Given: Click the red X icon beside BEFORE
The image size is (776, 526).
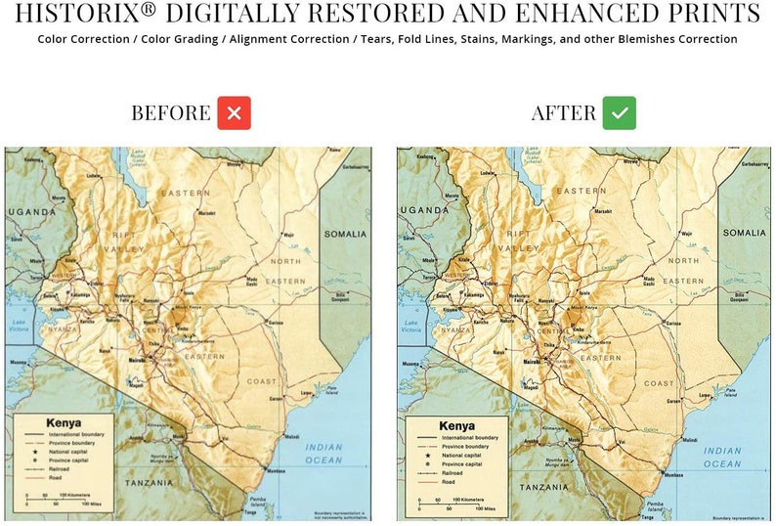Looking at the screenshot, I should tap(234, 113).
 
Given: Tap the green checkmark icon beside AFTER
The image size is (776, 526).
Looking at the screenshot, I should tap(619, 113).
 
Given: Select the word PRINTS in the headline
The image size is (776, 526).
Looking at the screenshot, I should tap(716, 14).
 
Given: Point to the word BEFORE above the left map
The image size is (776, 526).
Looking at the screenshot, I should tap(171, 113).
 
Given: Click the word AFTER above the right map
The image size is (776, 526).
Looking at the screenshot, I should tap(564, 113).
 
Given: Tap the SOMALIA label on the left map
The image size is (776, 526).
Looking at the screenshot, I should tap(345, 235).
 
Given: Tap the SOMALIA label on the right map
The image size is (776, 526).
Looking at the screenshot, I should tap(745, 233).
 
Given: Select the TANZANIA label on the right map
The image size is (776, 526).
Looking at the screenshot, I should tap(544, 486).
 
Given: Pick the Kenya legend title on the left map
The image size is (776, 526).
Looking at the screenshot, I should tap(64, 423).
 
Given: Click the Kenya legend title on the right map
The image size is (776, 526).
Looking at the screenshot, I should tap(456, 426).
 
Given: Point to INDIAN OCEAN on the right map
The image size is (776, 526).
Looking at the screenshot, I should tap(723, 458).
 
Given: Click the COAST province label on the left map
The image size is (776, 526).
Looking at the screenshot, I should tap(262, 381).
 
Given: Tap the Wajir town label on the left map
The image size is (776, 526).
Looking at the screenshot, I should tap(287, 236).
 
